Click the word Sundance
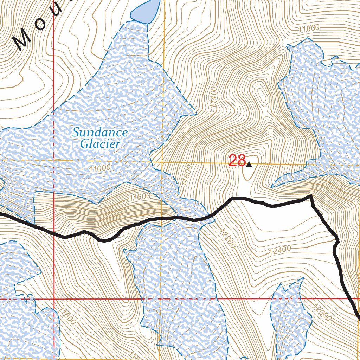point(100,133)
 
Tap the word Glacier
point(100,144)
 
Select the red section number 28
point(237,161)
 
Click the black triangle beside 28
point(249,164)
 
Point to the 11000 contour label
point(100,169)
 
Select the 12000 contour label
point(321,312)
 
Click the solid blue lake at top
point(145,11)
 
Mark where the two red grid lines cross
point(54,299)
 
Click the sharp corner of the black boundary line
point(311,196)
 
